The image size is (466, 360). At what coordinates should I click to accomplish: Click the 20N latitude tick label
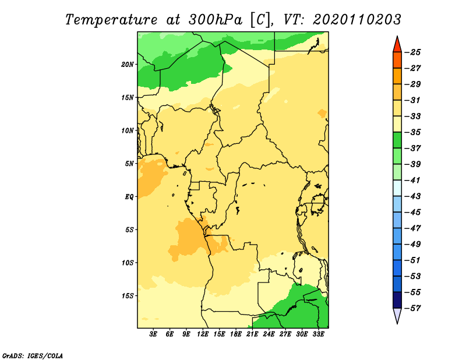click(x=128, y=64)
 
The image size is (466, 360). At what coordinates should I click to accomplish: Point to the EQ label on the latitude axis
click(x=129, y=197)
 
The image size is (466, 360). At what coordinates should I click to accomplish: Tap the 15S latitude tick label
click(x=128, y=296)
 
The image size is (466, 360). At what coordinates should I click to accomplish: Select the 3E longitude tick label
click(x=153, y=334)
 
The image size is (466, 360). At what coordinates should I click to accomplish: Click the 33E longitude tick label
click(x=318, y=334)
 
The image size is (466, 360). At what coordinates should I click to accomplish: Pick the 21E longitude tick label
click(x=252, y=334)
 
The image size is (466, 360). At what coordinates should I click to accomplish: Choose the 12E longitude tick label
click(x=203, y=334)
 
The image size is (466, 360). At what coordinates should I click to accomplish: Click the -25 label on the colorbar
click(x=412, y=52)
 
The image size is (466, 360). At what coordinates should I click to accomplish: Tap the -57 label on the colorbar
click(x=412, y=308)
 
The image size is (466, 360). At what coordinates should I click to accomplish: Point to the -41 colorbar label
click(x=412, y=180)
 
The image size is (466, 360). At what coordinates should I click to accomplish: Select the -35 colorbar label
click(x=412, y=132)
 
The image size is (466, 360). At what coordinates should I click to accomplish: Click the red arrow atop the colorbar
click(x=397, y=45)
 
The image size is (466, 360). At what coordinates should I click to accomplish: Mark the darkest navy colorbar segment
click(x=397, y=300)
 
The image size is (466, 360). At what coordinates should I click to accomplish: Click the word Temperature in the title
click(x=111, y=20)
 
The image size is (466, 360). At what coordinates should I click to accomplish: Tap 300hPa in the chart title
click(x=216, y=20)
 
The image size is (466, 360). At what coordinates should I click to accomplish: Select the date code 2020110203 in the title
click(x=357, y=20)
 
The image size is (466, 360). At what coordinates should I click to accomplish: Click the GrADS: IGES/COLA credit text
click(x=33, y=355)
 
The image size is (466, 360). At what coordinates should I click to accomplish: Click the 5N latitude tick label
click(x=129, y=164)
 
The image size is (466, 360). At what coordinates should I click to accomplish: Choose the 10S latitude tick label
click(x=128, y=263)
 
